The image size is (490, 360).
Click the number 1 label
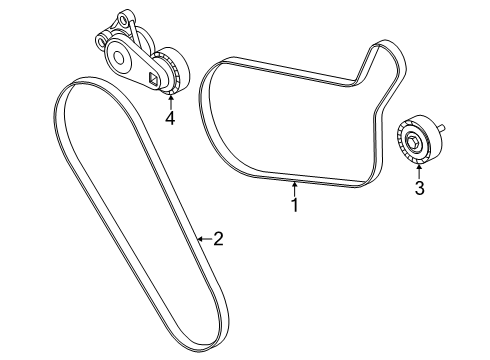coord(295,206)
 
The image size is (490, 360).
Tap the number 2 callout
coord(218,238)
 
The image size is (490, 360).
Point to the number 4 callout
coord(170,119)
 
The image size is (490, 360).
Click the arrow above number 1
coord(295,188)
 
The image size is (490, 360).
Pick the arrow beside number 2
coord(203,238)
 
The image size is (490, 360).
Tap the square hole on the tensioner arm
coord(153,78)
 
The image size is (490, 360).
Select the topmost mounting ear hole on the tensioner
coord(123,15)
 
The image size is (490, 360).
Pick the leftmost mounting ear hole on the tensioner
coord(101,42)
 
